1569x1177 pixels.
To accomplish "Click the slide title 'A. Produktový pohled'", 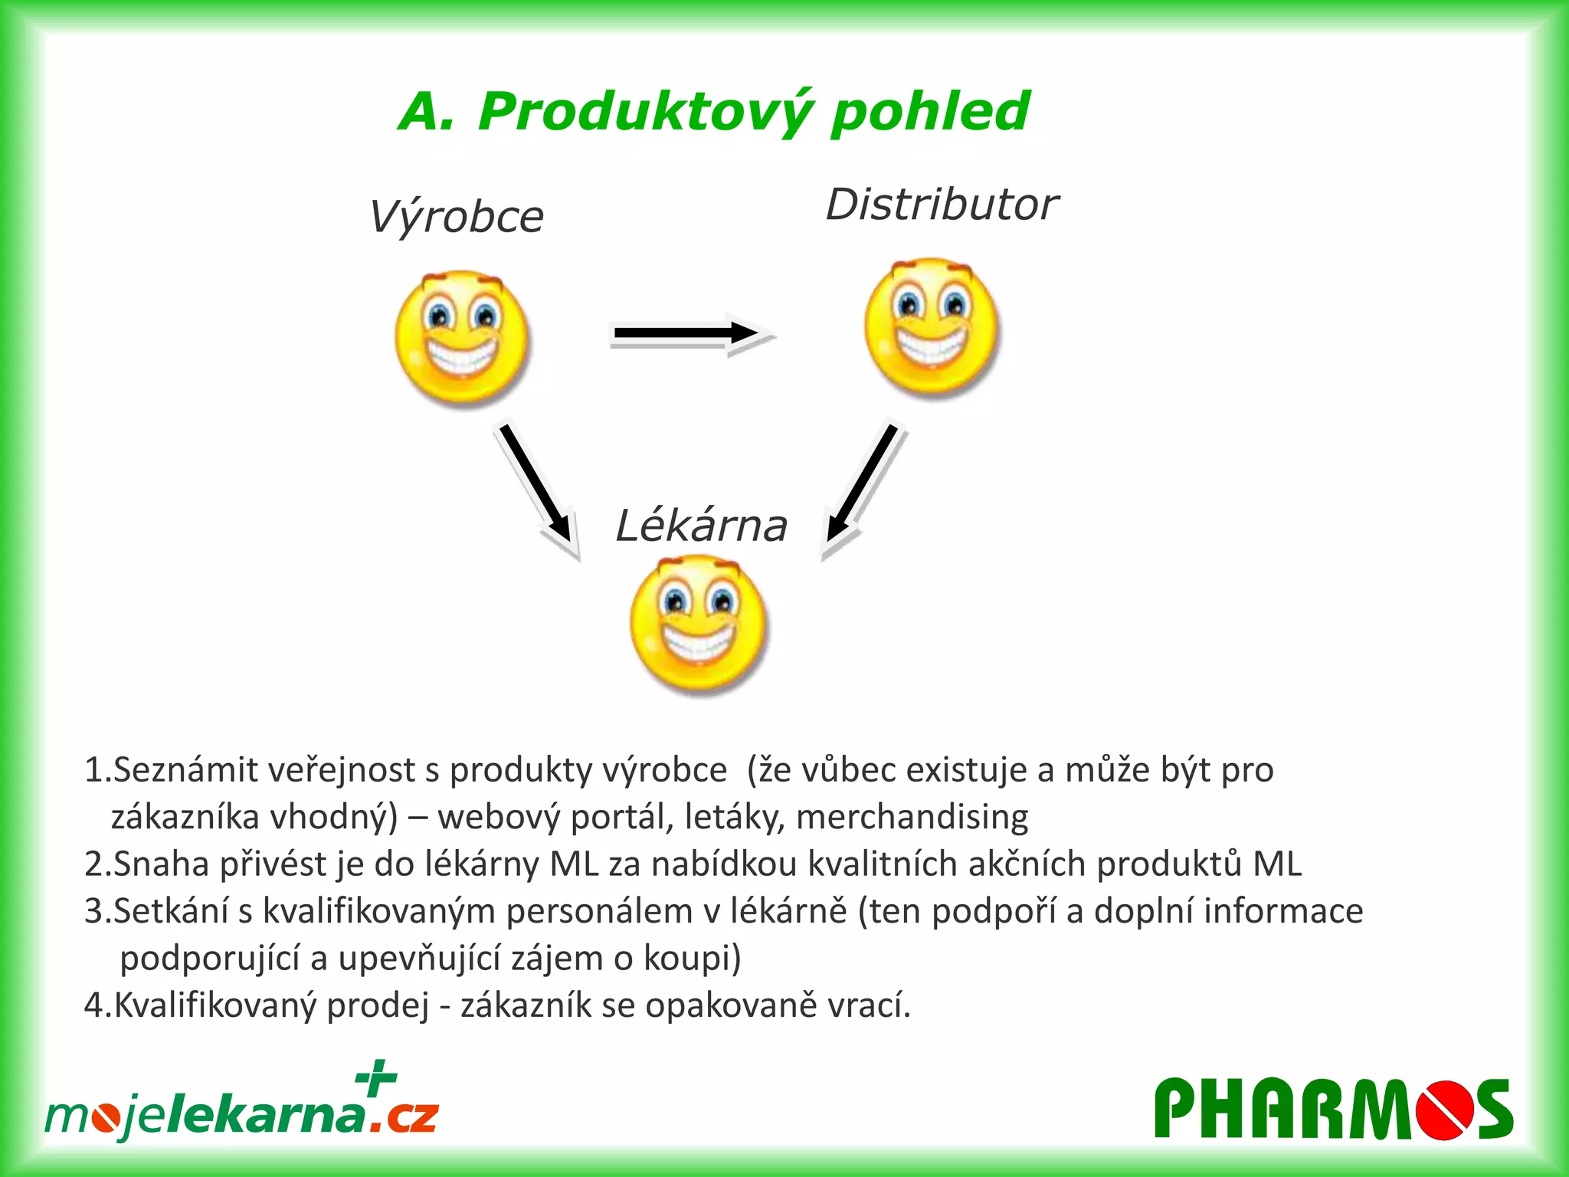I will (714, 112).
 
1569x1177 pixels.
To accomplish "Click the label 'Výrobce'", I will (457, 217).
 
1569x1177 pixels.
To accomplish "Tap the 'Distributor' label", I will (942, 205).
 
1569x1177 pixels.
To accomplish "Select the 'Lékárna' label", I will (701, 526).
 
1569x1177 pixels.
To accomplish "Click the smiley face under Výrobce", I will (462, 336).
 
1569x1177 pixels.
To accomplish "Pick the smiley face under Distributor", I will (931, 326).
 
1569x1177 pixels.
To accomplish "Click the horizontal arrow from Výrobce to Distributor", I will (690, 333).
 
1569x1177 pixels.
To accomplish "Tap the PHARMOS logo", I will (1333, 1109).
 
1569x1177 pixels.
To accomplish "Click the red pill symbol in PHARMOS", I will (1445, 1110).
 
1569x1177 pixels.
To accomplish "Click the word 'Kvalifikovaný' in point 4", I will (215, 1005).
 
